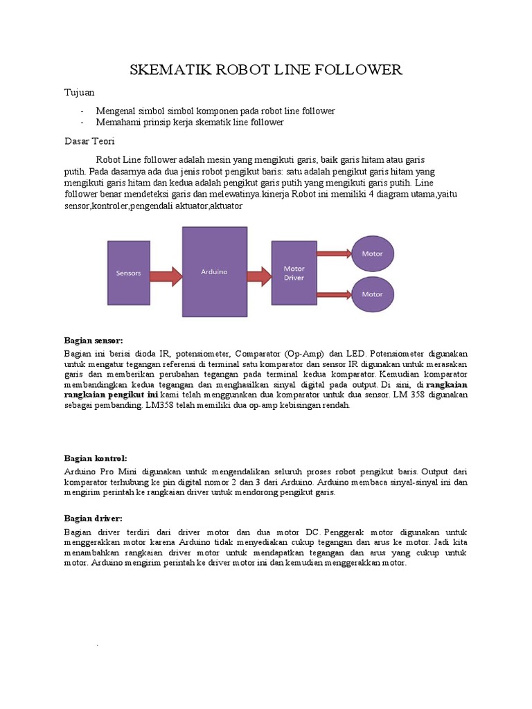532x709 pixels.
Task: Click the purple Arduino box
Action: click(x=214, y=272)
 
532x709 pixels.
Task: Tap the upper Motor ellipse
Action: click(x=373, y=254)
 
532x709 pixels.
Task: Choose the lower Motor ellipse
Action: click(x=373, y=294)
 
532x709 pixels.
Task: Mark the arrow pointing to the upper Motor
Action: click(x=335, y=255)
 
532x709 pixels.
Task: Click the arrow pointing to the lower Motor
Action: click(x=335, y=292)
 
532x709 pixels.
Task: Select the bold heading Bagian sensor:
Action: click(x=93, y=341)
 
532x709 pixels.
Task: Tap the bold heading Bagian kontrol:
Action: click(x=96, y=458)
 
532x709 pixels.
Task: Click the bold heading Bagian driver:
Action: click(x=94, y=518)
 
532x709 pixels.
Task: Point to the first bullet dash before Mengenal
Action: click(x=82, y=111)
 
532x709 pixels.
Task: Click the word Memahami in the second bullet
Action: click(x=118, y=123)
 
